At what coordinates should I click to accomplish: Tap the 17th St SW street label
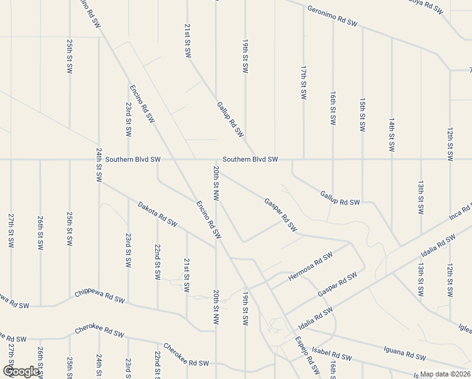[304, 82]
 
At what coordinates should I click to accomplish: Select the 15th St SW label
[362, 114]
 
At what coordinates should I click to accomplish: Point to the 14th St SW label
[392, 134]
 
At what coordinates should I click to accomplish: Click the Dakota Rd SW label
[158, 215]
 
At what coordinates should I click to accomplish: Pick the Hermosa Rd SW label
[310, 268]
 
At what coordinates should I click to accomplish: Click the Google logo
[21, 371]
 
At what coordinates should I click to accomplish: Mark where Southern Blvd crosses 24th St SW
[98, 159]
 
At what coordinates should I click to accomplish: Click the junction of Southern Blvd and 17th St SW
[304, 159]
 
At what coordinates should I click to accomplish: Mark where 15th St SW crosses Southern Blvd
[362, 159]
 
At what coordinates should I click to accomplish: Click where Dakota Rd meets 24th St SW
[99, 182]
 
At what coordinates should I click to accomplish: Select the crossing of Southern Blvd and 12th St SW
[450, 159]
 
